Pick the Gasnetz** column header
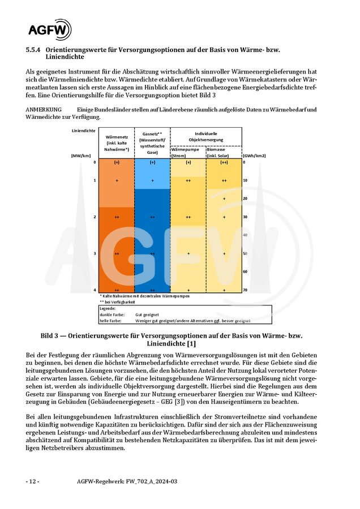[x=152, y=143]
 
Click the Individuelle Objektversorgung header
[x=206, y=136]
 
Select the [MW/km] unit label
[x=81, y=155]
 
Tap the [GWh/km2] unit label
[x=255, y=155]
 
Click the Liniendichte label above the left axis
[x=83, y=131]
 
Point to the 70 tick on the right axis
[x=245, y=290]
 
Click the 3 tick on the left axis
[x=95, y=254]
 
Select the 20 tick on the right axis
[x=245, y=199]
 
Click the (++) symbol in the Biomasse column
[x=224, y=162]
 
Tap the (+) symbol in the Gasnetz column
[x=152, y=162]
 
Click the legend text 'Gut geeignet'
[x=147, y=314]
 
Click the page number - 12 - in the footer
[x=32, y=481]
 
